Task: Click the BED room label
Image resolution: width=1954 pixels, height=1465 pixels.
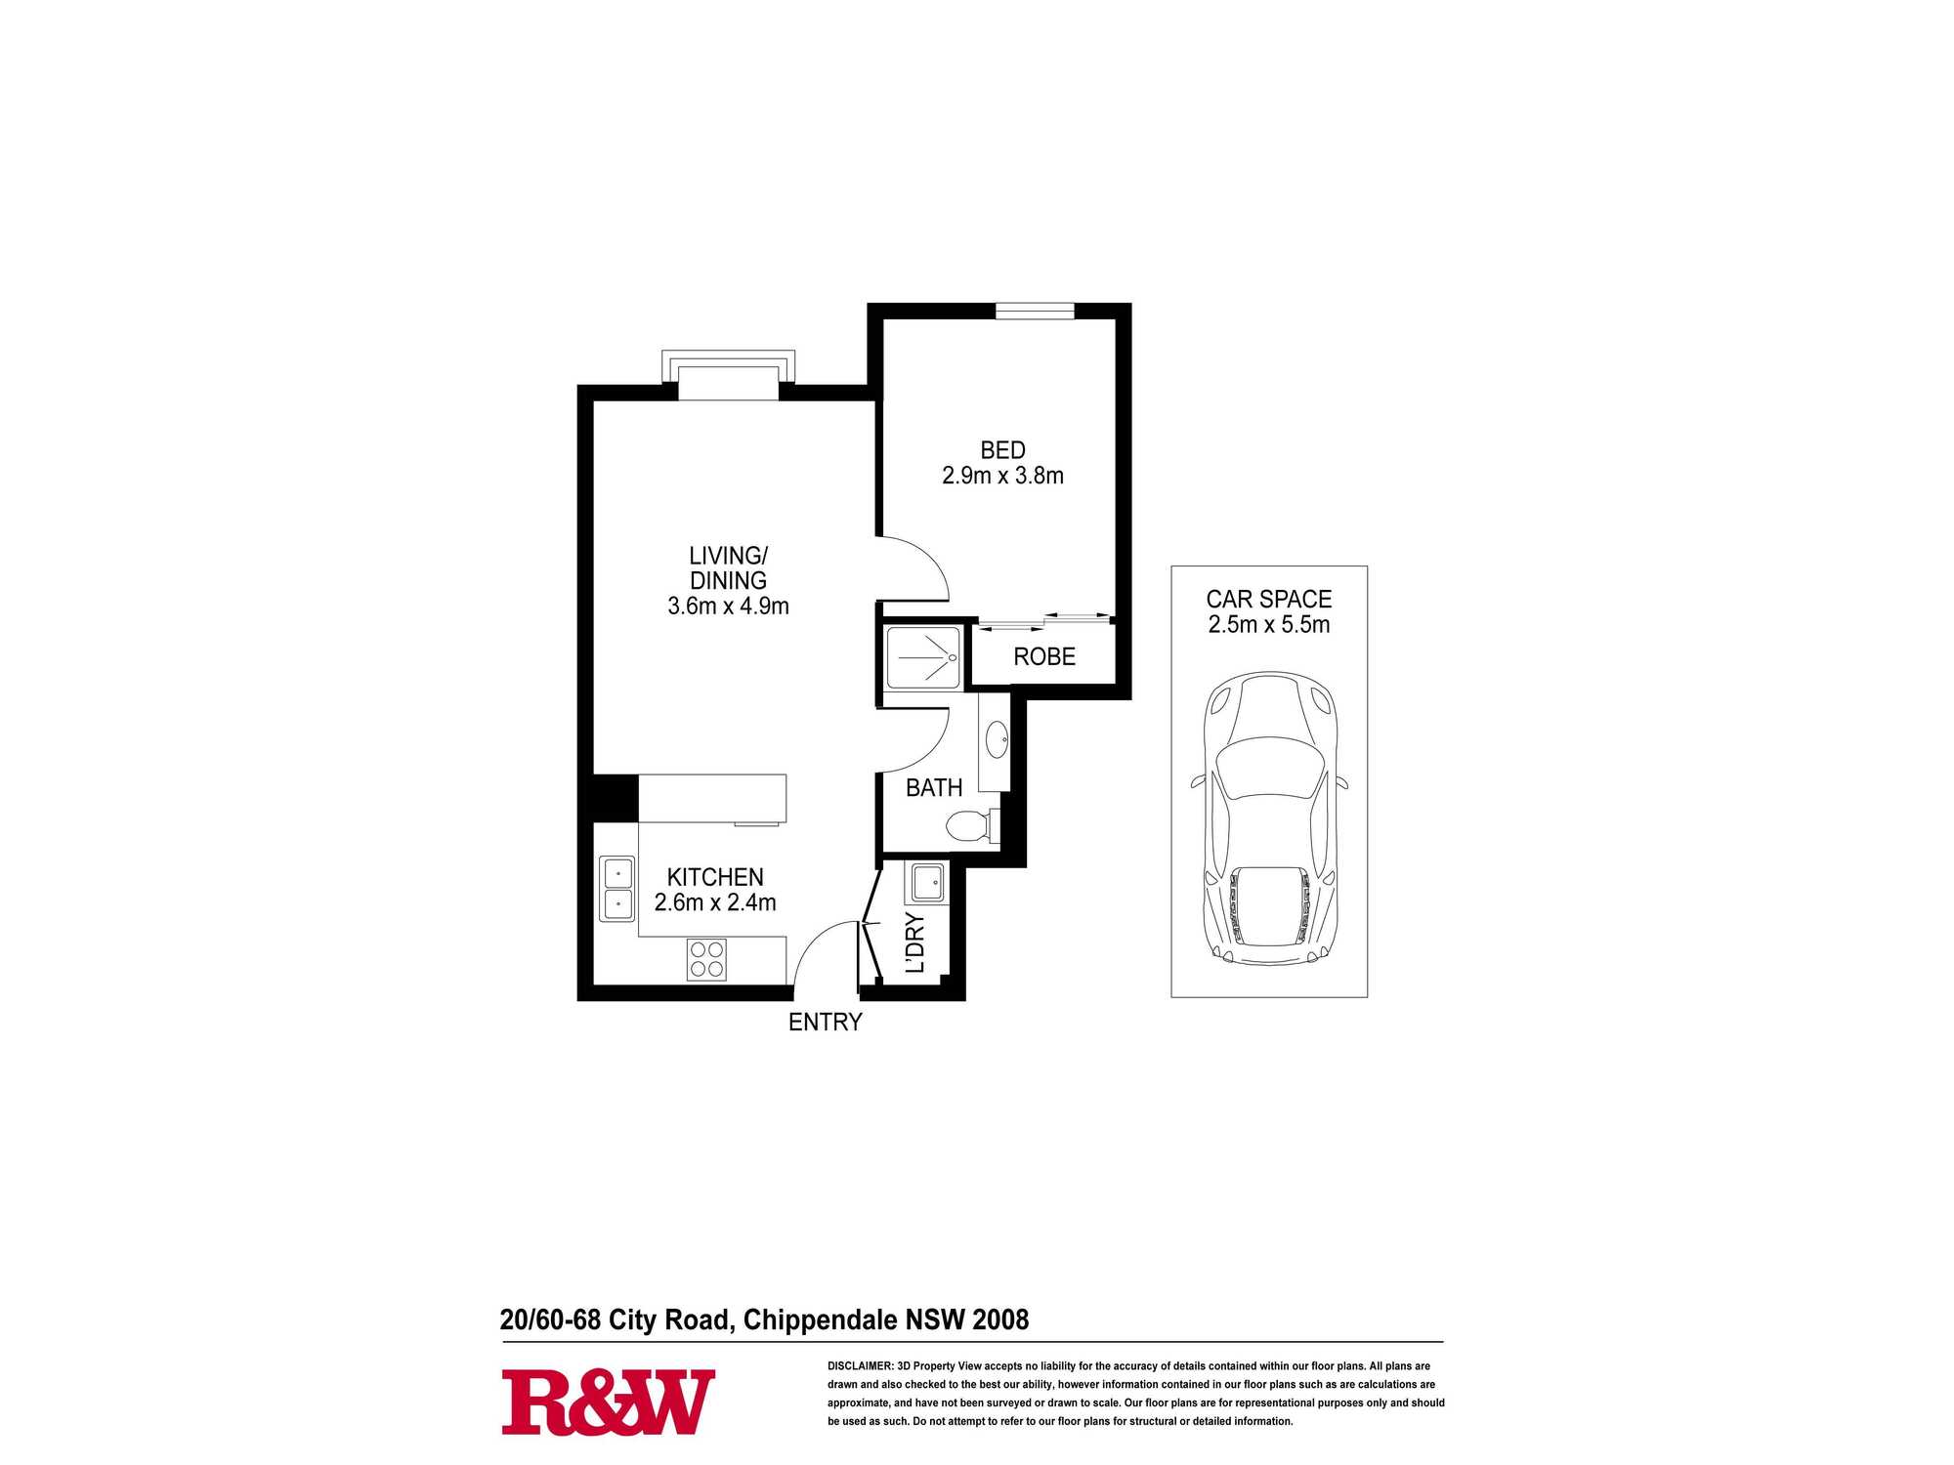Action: pos(1002,450)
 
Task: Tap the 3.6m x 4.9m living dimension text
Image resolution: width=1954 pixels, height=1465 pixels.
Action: pos(728,606)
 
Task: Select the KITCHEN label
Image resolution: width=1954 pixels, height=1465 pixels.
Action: pos(715,877)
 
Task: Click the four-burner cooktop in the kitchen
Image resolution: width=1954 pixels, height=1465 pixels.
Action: pos(706,958)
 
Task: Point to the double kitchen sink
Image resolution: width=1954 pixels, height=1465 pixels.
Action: pos(617,889)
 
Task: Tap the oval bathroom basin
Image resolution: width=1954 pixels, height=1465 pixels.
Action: pos(998,739)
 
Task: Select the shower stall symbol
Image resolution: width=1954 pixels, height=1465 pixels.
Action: pos(923,657)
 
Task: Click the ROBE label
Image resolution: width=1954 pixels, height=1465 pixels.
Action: pos(1044,656)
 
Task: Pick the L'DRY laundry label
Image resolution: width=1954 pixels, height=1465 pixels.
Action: pos(914,942)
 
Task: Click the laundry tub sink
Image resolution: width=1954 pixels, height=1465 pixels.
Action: pos(927,883)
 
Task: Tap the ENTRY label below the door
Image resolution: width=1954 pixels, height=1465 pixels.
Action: pos(826,1022)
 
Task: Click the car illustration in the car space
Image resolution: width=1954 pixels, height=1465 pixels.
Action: pos(1268,818)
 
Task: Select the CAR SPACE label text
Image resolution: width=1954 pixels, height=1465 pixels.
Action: pos(1269,599)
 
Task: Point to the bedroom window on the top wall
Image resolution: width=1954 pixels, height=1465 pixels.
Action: pos(1035,311)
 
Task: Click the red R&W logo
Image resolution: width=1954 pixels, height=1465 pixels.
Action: pos(608,1402)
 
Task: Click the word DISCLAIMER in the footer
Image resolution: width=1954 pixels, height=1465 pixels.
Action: pos(860,1366)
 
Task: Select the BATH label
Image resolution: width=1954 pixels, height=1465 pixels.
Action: pos(934,787)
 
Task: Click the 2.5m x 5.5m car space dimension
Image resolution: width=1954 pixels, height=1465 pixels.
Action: pos(1269,624)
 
